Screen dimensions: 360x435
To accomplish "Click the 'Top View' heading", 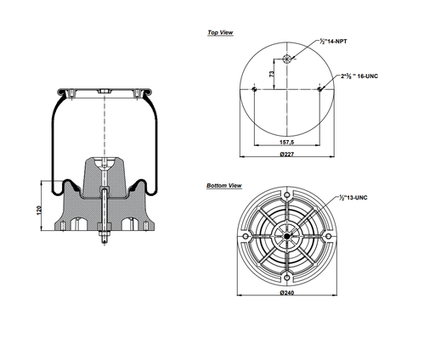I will tap(220, 33).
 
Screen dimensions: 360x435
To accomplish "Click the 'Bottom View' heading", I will tap(224, 185).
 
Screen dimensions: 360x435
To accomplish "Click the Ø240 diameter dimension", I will tap(288, 293).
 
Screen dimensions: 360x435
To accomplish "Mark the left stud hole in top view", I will tap(256, 88).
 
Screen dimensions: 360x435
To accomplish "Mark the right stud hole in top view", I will tap(319, 88).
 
